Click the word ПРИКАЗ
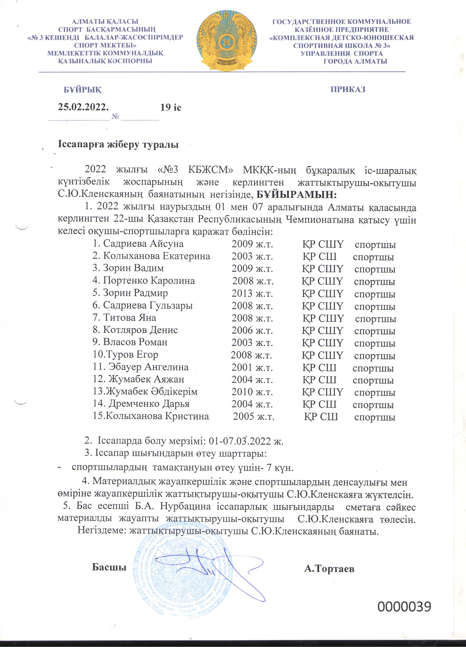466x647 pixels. pyautogui.click(x=348, y=89)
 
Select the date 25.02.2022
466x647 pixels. pyautogui.click(x=83, y=107)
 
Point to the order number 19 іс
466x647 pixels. pyautogui.click(x=171, y=107)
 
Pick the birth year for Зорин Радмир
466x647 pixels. pyautogui.click(x=252, y=293)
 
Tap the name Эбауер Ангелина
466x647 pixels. pyautogui.click(x=148, y=367)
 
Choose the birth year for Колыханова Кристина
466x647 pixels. pyautogui.click(x=254, y=417)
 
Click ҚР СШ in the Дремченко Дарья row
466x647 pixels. pyautogui.click(x=319, y=404)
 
